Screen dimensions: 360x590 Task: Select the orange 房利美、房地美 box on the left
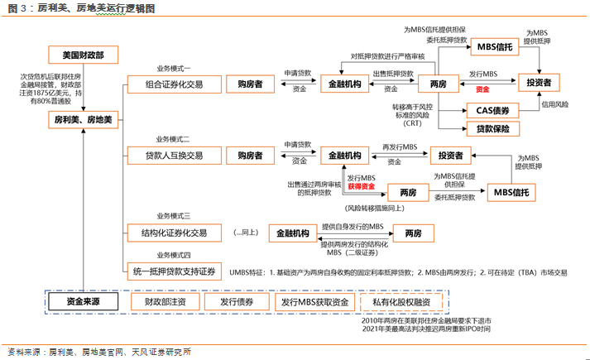(83, 120)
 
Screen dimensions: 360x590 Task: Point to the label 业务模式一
(173, 68)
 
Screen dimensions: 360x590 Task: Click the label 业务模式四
(173, 255)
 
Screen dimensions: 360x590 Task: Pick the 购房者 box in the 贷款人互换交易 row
(250, 155)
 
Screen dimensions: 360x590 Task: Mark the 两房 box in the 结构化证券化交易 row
(413, 234)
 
